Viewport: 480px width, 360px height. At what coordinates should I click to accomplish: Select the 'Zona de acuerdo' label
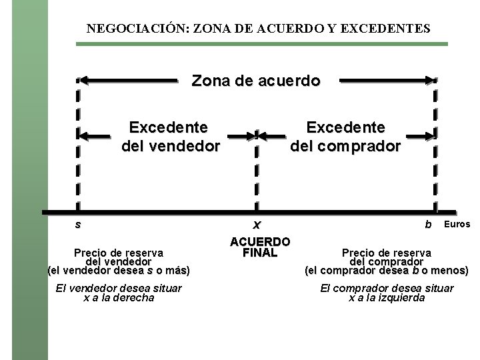(x=256, y=81)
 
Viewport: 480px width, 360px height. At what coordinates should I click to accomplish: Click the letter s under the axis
(x=78, y=224)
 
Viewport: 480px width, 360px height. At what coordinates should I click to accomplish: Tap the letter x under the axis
(x=257, y=225)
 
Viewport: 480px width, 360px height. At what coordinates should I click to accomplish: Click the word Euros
(x=457, y=224)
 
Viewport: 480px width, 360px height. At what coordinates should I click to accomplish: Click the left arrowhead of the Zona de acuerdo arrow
(x=85, y=81)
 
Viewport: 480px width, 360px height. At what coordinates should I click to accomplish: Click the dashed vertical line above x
(x=257, y=173)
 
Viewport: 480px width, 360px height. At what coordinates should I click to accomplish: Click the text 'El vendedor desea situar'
(x=119, y=288)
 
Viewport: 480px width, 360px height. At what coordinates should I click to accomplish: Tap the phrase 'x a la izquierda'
(x=387, y=298)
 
